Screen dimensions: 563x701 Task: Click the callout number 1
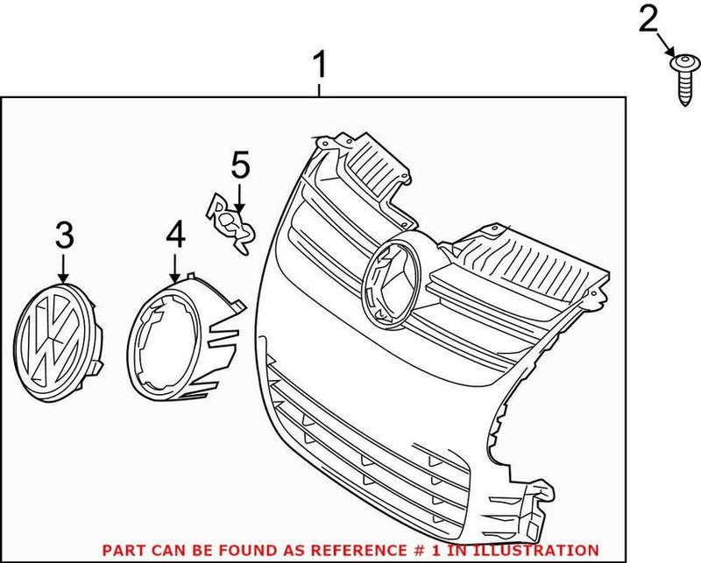321,66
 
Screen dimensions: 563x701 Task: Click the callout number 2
648,18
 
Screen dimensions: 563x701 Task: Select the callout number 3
63,235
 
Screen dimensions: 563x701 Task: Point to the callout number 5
240,164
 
